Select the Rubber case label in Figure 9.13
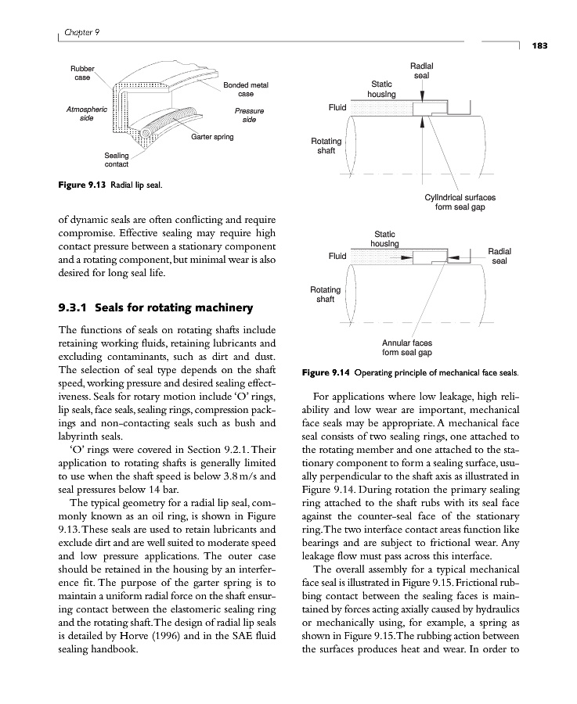81,74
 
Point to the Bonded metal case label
246,89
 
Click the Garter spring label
212,137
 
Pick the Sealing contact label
117,160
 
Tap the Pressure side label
249,115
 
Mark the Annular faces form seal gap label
406,347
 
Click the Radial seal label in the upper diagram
421,71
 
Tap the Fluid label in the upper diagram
337,106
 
